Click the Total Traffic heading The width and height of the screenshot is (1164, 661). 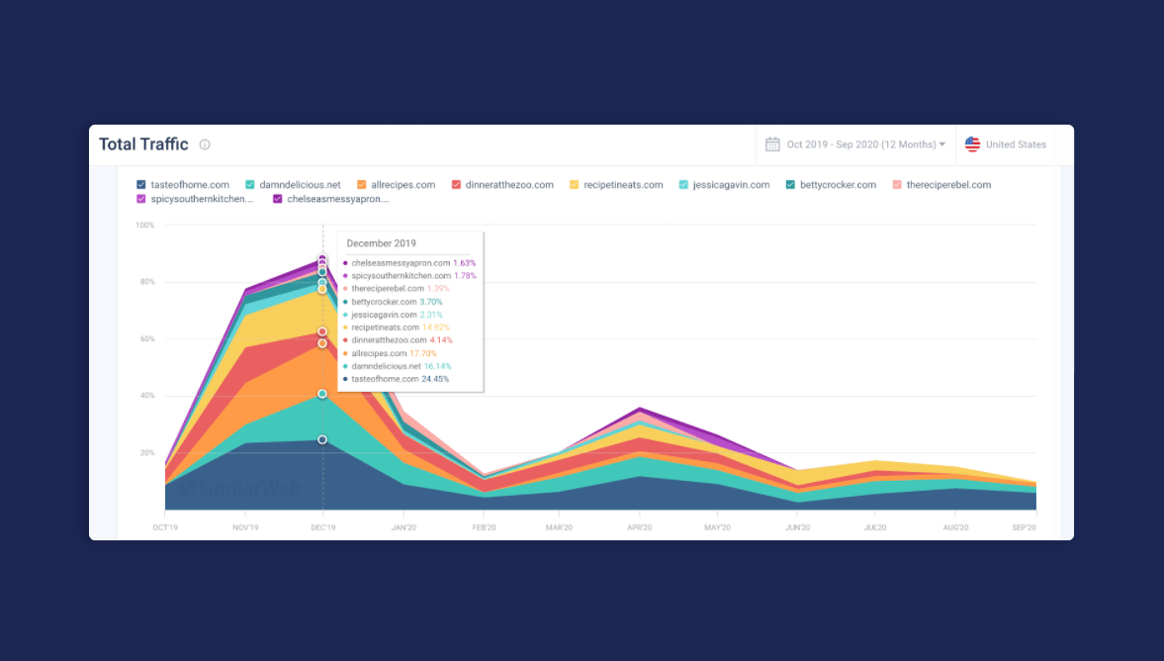point(143,144)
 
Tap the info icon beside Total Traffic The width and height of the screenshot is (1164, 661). point(205,144)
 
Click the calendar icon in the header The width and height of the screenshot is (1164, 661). point(772,144)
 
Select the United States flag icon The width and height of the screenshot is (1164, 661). point(973,144)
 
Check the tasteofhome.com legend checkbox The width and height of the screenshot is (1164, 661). point(141,185)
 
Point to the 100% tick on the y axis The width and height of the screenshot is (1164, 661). point(144,226)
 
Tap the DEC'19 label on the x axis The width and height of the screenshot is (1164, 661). point(322,528)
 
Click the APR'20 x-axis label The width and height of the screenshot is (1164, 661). point(640,528)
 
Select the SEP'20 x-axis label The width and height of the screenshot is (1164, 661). point(1024,528)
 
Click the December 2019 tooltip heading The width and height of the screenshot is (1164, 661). point(381,243)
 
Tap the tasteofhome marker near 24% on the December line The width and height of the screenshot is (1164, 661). point(322,439)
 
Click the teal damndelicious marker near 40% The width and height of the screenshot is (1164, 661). point(322,394)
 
